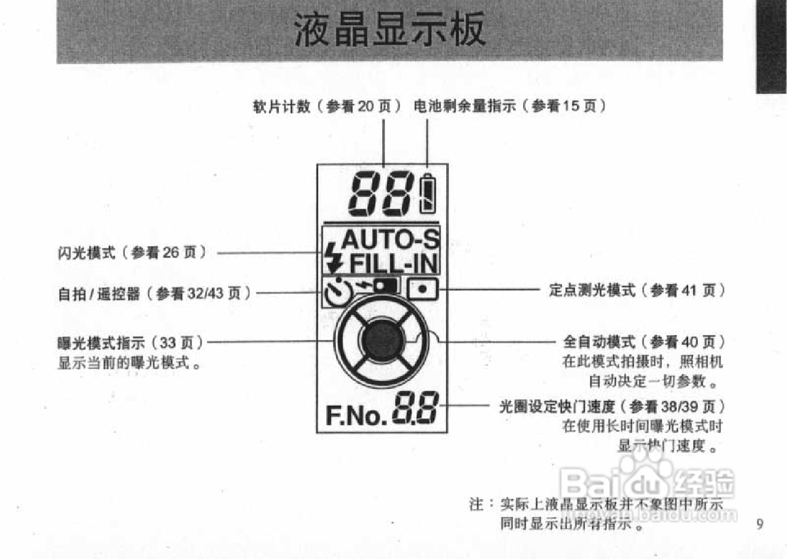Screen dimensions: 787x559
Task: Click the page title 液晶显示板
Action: pyautogui.click(x=390, y=29)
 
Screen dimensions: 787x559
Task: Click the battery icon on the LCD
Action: pyautogui.click(x=427, y=194)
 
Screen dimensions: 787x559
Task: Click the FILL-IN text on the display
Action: pyautogui.click(x=393, y=264)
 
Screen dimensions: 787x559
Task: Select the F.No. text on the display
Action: pyautogui.click(x=356, y=416)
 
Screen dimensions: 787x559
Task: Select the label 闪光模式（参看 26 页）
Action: pyautogui.click(x=132, y=253)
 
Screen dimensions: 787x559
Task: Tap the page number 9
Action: pyautogui.click(x=760, y=525)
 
